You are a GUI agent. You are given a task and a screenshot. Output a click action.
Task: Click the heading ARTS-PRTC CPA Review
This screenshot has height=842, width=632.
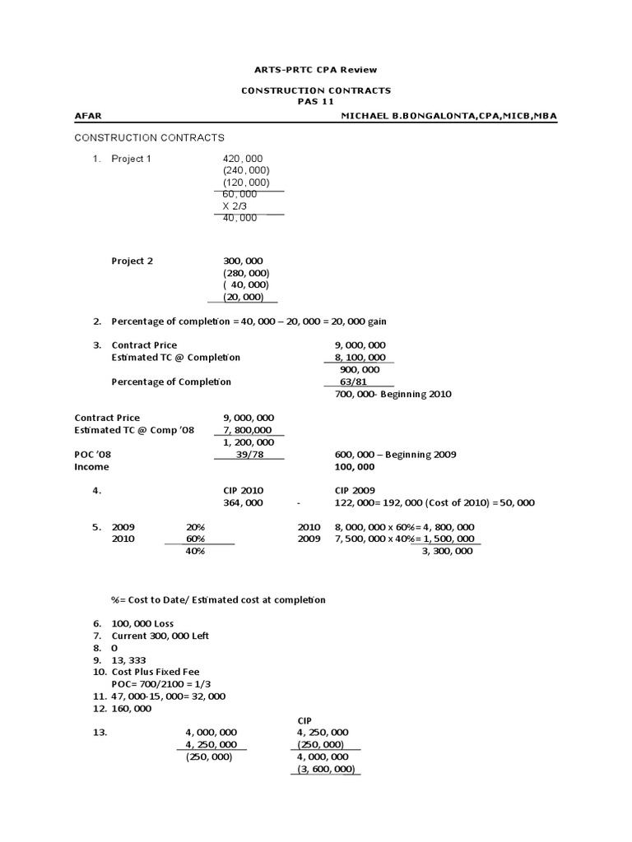[315, 70]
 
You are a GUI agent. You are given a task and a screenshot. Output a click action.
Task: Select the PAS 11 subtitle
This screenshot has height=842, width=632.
[315, 101]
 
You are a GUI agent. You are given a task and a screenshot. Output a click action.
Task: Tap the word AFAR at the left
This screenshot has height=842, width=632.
[88, 117]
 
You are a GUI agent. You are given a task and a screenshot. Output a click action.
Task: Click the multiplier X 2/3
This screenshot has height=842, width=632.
[235, 206]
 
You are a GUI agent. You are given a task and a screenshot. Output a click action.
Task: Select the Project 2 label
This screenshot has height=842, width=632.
[132, 261]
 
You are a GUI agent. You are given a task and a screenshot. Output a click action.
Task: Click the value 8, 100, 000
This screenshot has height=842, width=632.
[360, 358]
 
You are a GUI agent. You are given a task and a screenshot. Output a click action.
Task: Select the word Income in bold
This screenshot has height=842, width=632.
[91, 467]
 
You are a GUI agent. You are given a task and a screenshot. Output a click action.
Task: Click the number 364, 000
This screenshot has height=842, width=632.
[243, 502]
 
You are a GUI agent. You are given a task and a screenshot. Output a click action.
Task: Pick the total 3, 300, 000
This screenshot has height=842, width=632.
[446, 551]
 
